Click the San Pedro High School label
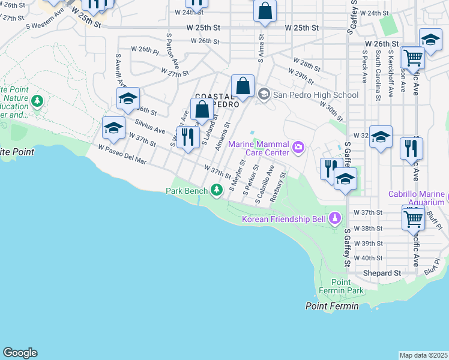(316, 95)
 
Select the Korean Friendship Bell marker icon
(335, 218)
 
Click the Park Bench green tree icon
(217, 191)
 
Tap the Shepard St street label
(382, 273)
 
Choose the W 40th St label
(368, 258)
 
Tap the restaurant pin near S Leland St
(188, 137)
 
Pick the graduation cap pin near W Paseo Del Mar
(113, 127)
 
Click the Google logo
(20, 353)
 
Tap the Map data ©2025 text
(423, 355)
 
